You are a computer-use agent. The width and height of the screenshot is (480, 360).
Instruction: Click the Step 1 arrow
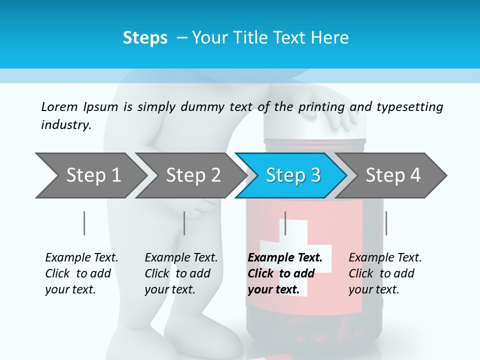tap(90, 175)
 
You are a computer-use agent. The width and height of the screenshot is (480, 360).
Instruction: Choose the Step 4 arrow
tap(392, 175)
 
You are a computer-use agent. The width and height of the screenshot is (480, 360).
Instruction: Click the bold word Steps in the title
tap(145, 37)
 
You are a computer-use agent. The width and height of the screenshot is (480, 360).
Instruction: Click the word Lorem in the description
tap(59, 106)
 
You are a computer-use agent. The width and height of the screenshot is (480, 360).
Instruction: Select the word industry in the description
tap(66, 124)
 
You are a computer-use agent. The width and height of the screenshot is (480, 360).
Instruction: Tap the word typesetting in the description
tap(409, 107)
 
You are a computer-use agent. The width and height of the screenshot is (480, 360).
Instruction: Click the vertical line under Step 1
tap(84, 223)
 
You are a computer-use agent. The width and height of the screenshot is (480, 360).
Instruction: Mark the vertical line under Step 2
tap(184, 223)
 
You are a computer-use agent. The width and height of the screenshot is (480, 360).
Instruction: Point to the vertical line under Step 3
tap(285, 223)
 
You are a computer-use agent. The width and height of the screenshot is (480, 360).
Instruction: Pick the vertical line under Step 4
tap(386, 223)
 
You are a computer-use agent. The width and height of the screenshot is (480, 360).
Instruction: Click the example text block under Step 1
tap(81, 273)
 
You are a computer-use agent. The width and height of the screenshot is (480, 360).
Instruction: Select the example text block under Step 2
tap(181, 273)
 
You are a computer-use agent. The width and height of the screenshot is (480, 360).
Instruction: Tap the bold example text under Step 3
tap(285, 273)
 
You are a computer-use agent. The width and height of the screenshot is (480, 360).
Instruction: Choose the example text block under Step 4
tap(385, 273)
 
